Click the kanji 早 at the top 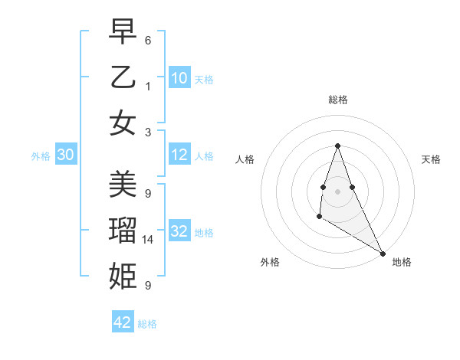tap(123, 32)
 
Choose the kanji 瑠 tap(123, 231)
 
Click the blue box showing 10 tap(179, 78)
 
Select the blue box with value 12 tap(179, 155)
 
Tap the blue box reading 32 tap(179, 231)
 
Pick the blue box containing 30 tap(66, 155)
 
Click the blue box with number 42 tap(123, 322)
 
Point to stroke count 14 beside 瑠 tap(149, 240)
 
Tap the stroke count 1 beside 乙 tap(148, 86)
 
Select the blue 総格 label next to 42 tap(147, 324)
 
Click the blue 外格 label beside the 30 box tap(41, 156)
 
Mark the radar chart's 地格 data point tap(383, 254)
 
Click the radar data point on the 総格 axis tap(337, 146)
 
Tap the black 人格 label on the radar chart tap(245, 159)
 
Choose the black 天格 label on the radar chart tap(431, 159)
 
